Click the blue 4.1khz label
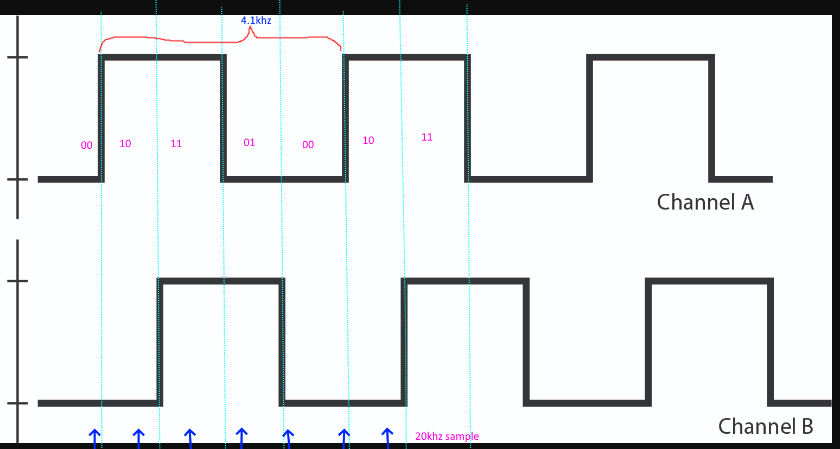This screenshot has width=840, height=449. (x=256, y=20)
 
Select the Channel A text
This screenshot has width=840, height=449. (x=705, y=202)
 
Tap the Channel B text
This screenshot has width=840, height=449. (x=765, y=426)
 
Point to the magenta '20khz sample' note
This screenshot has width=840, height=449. (x=447, y=437)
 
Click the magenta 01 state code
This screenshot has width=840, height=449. (x=250, y=143)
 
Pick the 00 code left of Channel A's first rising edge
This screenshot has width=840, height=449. (x=87, y=145)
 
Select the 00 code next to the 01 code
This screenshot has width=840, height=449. (x=308, y=145)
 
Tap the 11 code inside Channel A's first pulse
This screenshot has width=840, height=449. (x=176, y=144)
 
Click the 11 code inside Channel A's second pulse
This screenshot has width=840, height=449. (x=427, y=137)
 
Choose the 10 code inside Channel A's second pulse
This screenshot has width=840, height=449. (x=368, y=140)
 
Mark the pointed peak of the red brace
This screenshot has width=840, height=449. (x=250, y=27)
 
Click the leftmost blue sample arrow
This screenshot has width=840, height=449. (x=94, y=439)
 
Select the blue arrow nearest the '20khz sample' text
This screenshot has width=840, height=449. (x=387, y=438)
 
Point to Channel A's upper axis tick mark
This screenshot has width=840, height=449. (x=17, y=57)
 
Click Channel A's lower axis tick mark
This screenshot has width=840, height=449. (x=17, y=179)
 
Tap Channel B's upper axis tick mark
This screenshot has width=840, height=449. (x=17, y=281)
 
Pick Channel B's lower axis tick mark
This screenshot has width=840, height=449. (x=17, y=403)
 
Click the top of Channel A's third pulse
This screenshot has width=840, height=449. (x=651, y=57)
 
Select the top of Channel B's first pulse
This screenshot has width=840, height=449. (x=221, y=281)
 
